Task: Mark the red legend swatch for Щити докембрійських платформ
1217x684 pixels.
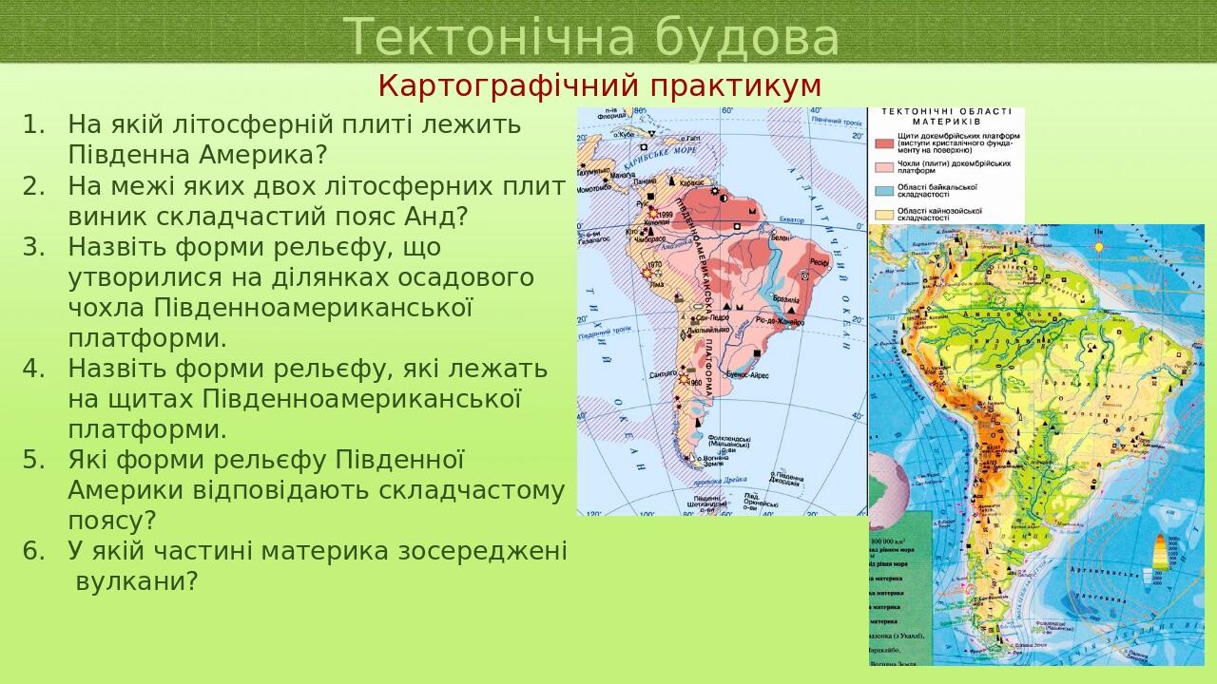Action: (x=883, y=143)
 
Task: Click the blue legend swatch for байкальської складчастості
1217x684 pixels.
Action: (x=883, y=192)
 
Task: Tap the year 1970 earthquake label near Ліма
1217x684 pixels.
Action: (x=654, y=265)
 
